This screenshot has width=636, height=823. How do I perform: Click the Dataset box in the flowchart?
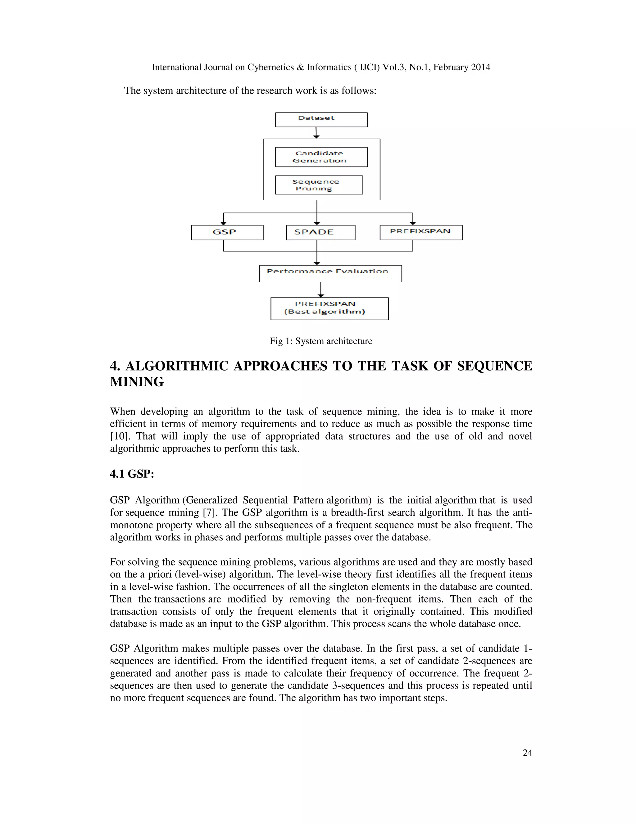tap(321, 120)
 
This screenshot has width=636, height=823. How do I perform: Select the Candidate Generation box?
tap(321, 157)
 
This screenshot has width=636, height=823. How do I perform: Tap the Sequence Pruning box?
tap(319, 185)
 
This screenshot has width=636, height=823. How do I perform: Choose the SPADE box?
tap(320, 232)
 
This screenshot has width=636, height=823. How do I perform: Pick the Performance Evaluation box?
tap(330, 273)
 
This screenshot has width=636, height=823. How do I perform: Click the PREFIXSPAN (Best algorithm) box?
tap(329, 309)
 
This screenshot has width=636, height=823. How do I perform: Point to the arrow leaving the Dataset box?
tap(316, 132)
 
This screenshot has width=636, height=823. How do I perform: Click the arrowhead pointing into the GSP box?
tap(223, 223)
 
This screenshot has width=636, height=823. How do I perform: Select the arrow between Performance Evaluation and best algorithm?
tap(320, 289)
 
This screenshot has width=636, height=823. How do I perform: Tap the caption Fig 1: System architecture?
tap(320, 341)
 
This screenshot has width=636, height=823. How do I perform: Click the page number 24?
tap(527, 753)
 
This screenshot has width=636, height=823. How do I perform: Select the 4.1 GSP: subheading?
tap(132, 474)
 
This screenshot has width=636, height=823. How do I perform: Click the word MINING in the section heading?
tap(137, 382)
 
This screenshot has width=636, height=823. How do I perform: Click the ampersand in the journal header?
tap(300, 67)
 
